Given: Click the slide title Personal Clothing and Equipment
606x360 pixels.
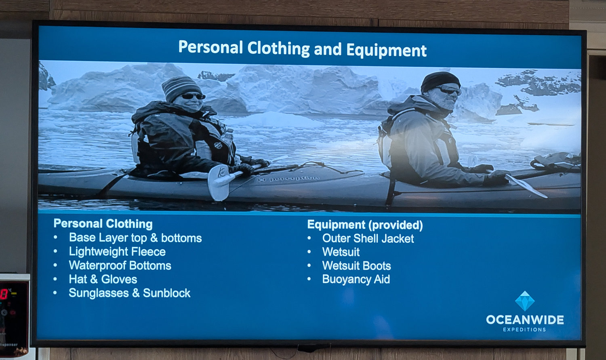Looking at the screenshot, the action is click(303, 48).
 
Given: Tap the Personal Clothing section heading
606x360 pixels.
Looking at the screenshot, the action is click(103, 224).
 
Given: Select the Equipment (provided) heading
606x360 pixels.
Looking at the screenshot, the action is click(365, 225).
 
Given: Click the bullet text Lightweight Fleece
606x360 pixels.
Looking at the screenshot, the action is click(117, 252).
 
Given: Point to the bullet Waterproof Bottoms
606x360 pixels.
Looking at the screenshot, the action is click(120, 265).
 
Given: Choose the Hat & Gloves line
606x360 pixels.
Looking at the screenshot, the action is click(103, 279).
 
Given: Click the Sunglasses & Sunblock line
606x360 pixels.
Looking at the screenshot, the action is click(130, 293).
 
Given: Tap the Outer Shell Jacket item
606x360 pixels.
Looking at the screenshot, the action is click(368, 238).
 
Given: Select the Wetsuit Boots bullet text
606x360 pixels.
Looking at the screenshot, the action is click(357, 266).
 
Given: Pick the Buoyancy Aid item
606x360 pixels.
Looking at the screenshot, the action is click(356, 280).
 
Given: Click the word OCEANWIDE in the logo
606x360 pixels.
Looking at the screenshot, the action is click(525, 320).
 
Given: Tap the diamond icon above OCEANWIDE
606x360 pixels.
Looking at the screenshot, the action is click(525, 301).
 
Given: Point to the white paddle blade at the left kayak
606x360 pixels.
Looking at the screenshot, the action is click(219, 183).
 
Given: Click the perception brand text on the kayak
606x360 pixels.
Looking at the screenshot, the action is click(288, 179).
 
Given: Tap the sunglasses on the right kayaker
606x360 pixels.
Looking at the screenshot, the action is click(449, 90).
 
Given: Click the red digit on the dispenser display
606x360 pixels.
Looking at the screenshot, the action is click(4, 294).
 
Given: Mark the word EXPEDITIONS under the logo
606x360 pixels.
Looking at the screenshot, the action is click(524, 330).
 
